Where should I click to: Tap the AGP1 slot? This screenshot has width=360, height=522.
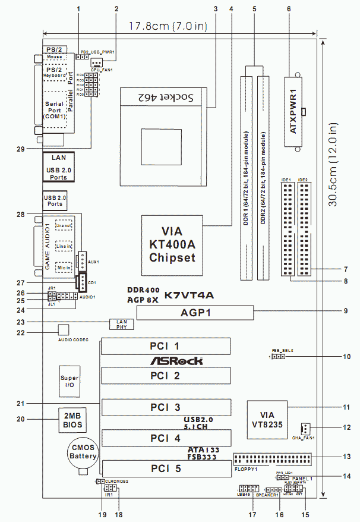click(194, 313)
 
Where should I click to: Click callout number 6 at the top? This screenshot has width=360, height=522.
click(289, 8)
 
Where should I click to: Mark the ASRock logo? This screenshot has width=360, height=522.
click(176, 361)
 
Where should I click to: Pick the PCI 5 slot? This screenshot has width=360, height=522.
click(166, 469)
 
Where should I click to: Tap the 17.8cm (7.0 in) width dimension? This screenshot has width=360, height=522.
click(178, 26)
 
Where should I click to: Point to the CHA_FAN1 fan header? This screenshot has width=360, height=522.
click(304, 429)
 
